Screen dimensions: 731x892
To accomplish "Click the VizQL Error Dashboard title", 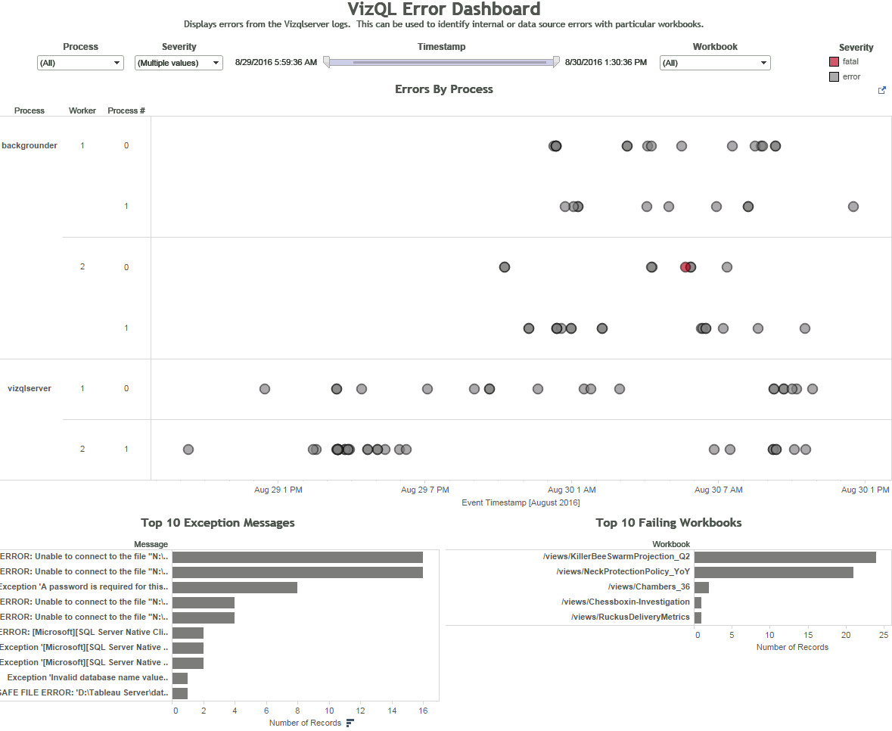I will [444, 10].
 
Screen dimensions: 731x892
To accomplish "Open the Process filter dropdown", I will [80, 64].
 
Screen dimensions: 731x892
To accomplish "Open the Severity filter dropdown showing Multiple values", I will [179, 64].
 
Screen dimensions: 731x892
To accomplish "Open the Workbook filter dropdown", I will [715, 64].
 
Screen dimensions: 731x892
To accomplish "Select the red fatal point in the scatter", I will [685, 267].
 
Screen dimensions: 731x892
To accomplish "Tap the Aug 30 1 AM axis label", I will [572, 490].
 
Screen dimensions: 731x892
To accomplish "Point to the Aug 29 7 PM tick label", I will [425, 490].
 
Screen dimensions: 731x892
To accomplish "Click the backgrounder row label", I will [30, 145].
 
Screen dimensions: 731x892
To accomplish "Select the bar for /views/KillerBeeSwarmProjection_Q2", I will [785, 557].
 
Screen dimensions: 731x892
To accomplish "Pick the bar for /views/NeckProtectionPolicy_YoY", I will [773, 572].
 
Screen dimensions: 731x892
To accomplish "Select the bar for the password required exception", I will [235, 587].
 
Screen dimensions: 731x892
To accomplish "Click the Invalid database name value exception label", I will [88, 678].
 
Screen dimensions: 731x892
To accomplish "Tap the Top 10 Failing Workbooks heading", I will [668, 523].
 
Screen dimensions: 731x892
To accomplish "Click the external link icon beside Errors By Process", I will [881, 90].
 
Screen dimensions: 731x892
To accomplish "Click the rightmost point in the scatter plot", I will [853, 207].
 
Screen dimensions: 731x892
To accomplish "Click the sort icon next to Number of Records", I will [350, 723].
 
